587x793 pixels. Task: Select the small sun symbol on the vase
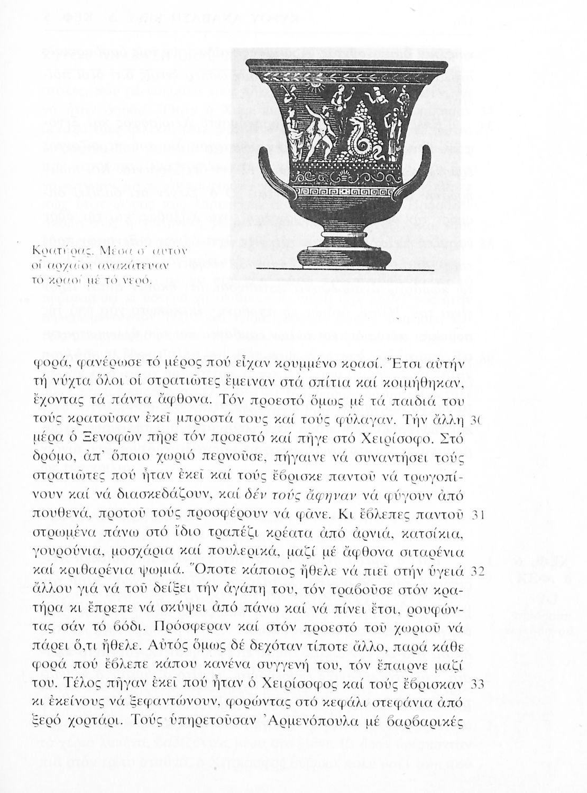coord(317,84)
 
